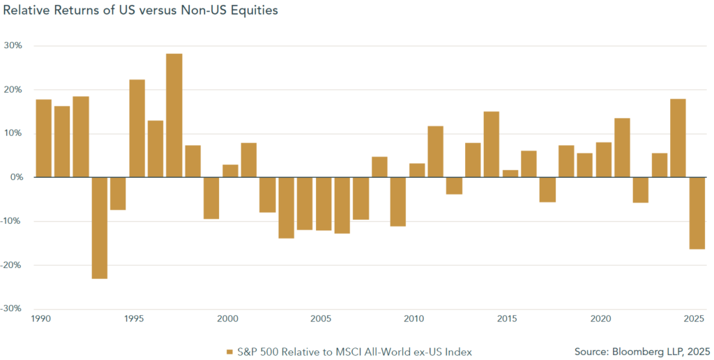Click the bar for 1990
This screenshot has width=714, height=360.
(x=43, y=138)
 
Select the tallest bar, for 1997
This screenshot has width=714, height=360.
(x=174, y=115)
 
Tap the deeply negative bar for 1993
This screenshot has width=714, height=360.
(x=99, y=228)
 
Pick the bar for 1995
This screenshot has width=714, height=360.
(x=137, y=128)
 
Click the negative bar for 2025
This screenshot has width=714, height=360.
(x=697, y=213)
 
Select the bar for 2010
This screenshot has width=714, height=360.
(x=417, y=170)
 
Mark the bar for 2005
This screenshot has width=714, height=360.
(x=324, y=204)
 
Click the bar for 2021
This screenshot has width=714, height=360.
(x=622, y=148)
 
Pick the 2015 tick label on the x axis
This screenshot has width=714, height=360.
(x=507, y=319)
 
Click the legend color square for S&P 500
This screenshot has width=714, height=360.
(x=229, y=352)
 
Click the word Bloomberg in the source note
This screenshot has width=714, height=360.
(x=630, y=352)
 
